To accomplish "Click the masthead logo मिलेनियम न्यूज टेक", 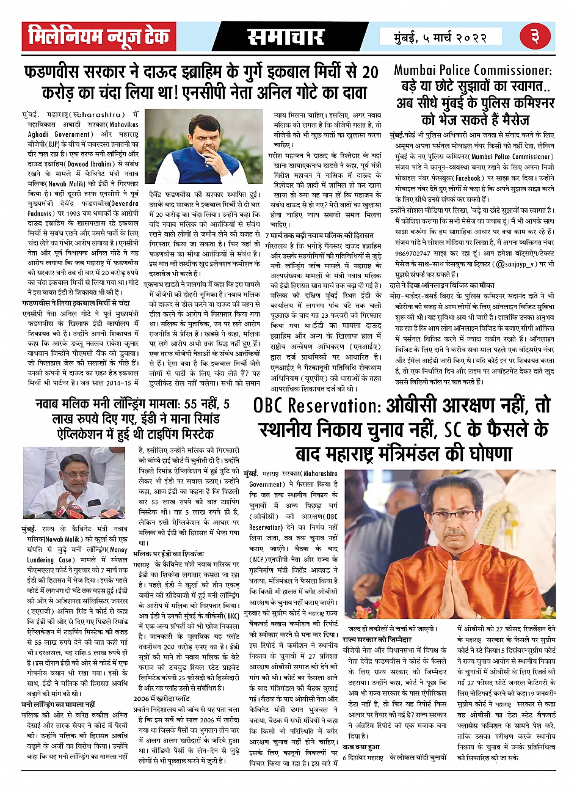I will pyautogui.click(x=99, y=37).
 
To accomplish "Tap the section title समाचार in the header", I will pyautogui.click(x=285, y=37).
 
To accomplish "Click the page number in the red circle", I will pyautogui.click(x=535, y=36).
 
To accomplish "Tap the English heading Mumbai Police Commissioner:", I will pyautogui.click(x=473, y=70).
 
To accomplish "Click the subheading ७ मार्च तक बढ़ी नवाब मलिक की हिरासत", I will pyautogui.click(x=324, y=235).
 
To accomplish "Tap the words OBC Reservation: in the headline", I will pyautogui.click(x=317, y=406).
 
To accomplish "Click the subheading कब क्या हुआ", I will pyautogui.click(x=361, y=747).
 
